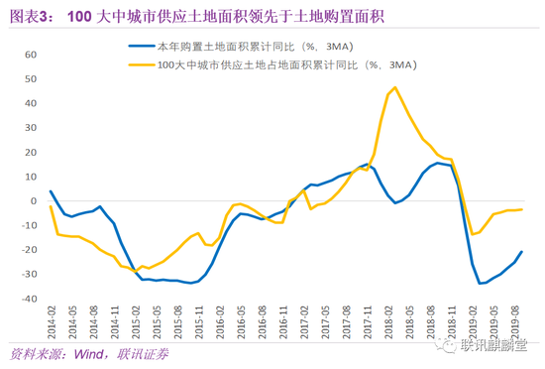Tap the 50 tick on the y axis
coord(29,78)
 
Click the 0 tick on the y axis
coord(33,200)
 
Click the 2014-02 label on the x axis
coord(50,320)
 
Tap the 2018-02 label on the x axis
coord(393,320)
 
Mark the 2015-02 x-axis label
coord(136,320)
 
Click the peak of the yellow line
coord(395,87)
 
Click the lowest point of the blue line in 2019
coord(480,283)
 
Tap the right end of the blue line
coord(522,251)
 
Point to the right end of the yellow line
coord(522,209)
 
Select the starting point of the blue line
coord(51,190)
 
